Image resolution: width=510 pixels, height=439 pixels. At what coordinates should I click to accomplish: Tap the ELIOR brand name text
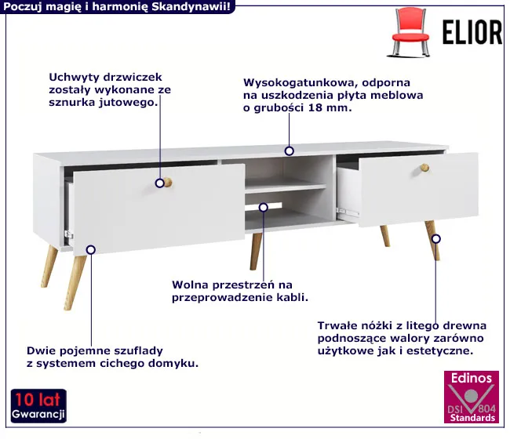[472, 32]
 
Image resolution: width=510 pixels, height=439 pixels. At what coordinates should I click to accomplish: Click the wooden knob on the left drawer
[167, 183]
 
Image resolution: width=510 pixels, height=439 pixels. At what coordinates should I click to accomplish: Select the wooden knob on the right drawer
[424, 168]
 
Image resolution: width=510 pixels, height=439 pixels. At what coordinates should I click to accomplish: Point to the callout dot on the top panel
[290, 151]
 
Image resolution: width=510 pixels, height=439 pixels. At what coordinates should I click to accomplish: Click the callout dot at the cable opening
[264, 207]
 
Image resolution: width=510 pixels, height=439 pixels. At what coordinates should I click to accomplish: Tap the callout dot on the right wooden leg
[435, 239]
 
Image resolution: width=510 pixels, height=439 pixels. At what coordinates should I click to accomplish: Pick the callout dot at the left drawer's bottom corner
[91, 249]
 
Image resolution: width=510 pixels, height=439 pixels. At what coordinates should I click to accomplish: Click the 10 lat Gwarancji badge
[38, 406]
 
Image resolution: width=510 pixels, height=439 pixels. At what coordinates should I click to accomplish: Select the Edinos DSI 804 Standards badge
[472, 397]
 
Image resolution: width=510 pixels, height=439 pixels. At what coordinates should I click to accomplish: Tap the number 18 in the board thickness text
[315, 107]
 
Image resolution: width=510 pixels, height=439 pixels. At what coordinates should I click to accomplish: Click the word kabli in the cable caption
[293, 297]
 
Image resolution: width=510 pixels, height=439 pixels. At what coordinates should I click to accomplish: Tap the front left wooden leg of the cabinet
[75, 283]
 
